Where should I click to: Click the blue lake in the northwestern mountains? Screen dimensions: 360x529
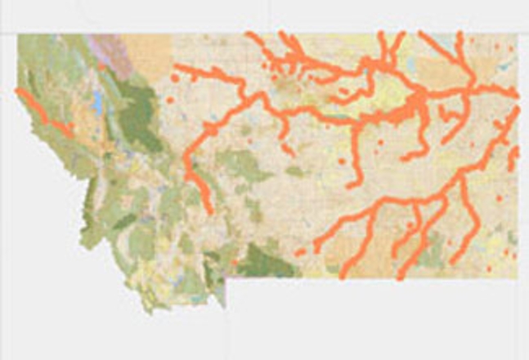(98, 102)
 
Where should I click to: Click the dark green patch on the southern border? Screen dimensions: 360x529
(266, 262)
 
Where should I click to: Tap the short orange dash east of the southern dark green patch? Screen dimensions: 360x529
(301, 252)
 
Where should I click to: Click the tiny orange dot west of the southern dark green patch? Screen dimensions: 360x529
(235, 262)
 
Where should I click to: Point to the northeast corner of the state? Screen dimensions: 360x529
(518, 34)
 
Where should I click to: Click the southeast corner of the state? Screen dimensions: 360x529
(518, 278)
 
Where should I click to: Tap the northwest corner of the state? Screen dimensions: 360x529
(18, 34)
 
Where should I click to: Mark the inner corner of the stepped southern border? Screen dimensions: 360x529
(226, 278)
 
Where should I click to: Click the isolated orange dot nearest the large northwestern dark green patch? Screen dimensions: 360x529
(170, 100)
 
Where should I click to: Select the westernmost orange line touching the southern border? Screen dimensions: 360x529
(344, 274)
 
